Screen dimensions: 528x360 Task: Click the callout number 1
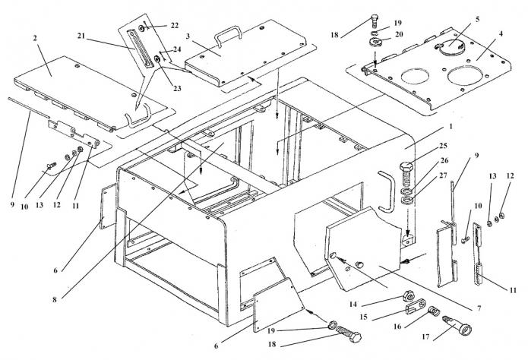coord(451,127)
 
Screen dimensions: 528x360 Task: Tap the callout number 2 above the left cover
coord(35,38)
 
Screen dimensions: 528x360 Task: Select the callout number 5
coord(477,20)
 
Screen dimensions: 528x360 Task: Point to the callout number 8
coord(55,299)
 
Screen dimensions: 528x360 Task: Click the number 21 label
coord(81,36)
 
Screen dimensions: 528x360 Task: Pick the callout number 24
coord(177,49)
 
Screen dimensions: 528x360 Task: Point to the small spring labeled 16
coord(433,311)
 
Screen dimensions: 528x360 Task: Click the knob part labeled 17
coord(458,324)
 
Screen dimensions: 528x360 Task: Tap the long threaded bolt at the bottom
coord(348,333)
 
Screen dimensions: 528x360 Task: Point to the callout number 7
coord(479,308)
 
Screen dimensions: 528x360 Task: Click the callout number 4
coord(501,34)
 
